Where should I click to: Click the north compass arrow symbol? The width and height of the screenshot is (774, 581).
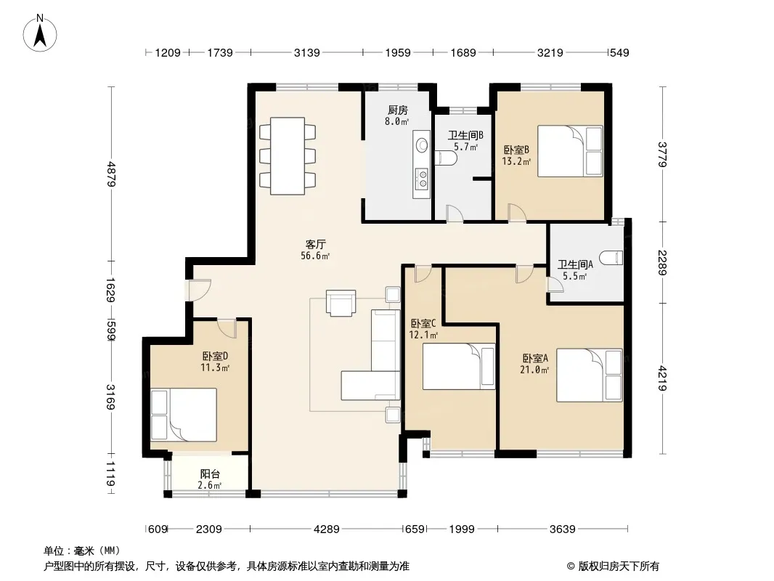point(40,33)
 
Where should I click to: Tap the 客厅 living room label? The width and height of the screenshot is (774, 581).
point(315,244)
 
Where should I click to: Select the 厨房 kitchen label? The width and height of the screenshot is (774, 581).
point(398,110)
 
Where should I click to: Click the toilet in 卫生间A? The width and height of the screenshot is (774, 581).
point(611,258)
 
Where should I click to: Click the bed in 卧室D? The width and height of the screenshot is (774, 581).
point(184,415)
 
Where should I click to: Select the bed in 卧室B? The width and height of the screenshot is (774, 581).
point(570,150)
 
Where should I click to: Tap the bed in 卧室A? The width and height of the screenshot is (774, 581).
point(590,375)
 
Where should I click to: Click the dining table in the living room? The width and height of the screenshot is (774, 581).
point(288,156)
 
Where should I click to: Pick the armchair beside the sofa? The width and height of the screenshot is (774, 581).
point(341,303)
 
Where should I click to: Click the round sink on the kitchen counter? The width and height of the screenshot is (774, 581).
point(422,145)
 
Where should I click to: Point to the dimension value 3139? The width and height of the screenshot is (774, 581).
point(307,52)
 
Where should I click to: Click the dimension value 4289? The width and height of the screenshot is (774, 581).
point(327,529)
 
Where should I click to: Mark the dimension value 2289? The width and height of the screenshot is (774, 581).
point(662,263)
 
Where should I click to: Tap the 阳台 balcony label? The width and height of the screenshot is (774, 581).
point(211,474)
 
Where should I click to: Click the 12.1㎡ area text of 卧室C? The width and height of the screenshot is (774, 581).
point(423,336)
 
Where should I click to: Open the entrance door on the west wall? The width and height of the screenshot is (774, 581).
point(197,290)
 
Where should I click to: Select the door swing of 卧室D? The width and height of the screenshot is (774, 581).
point(227,328)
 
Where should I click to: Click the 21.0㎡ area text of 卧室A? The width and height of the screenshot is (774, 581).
point(534,369)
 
